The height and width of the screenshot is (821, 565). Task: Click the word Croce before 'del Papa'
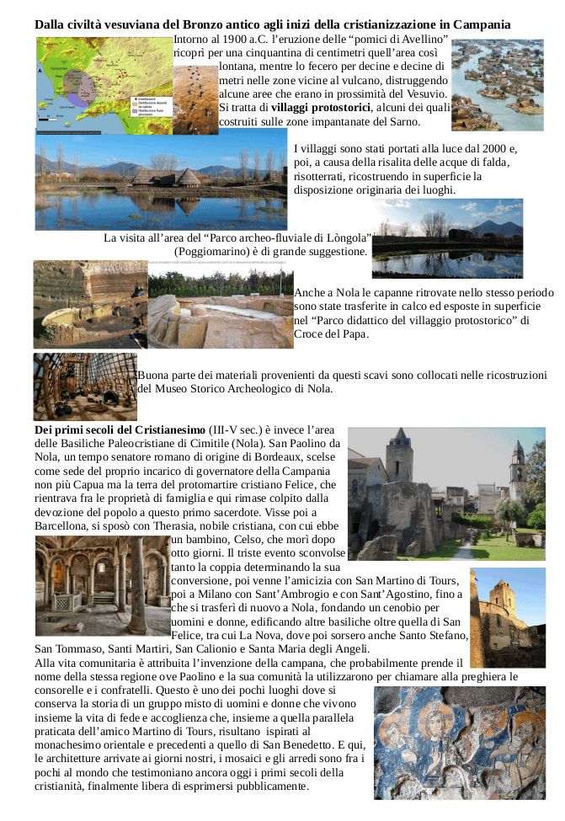click(x=310, y=334)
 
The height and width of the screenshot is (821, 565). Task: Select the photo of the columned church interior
click(x=101, y=585)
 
